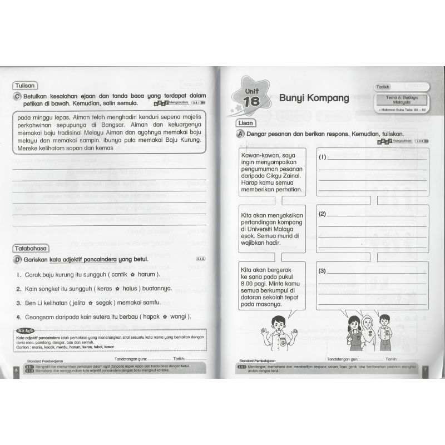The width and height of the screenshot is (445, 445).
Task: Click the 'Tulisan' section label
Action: coord(25,86)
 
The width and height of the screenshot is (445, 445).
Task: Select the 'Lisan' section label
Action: coord(245,123)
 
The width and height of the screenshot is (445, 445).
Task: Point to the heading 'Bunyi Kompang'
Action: coord(314,98)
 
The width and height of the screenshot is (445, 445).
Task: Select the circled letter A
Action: coord(240,134)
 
